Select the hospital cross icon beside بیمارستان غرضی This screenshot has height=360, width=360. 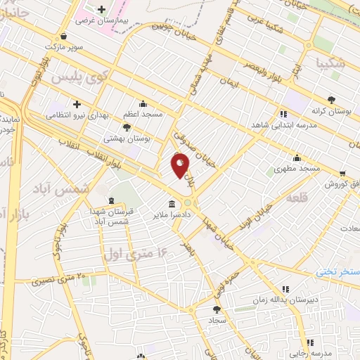102,10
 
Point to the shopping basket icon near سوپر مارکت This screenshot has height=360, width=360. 65,37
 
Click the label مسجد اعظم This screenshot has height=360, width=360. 143,113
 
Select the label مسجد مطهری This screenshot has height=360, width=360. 297,169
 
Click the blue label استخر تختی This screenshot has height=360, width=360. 337,271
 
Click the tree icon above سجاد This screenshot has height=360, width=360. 217,309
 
